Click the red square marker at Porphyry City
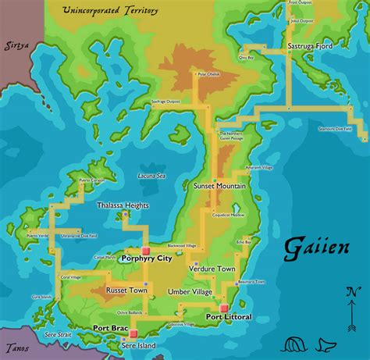click(x=145, y=251)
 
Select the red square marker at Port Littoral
click(x=223, y=308)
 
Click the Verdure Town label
click(x=212, y=268)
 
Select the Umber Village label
click(x=190, y=291)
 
